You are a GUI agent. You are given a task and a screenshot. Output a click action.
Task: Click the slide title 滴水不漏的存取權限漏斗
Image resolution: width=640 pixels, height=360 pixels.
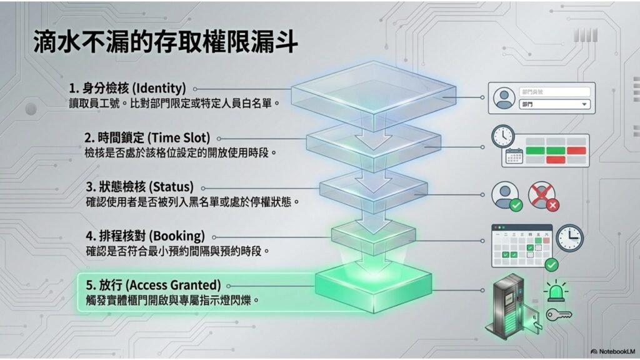166,43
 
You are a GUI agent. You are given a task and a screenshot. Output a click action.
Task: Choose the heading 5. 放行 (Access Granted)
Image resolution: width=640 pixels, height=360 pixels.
154,285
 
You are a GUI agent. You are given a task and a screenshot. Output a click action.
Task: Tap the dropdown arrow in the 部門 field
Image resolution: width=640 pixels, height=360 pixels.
584,104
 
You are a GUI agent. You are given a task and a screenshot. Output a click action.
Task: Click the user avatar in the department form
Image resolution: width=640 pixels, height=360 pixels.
504,99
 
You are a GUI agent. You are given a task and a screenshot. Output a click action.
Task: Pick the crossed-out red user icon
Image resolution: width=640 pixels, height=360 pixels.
541,195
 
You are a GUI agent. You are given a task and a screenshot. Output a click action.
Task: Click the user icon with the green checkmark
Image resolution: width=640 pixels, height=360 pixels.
505,195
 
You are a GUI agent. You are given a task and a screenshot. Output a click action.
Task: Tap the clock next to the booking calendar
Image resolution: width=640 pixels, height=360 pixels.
569,237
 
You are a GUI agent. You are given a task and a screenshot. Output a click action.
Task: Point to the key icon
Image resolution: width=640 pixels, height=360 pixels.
559,315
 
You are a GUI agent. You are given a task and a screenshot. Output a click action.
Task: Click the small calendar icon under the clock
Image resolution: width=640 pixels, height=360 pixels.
513,157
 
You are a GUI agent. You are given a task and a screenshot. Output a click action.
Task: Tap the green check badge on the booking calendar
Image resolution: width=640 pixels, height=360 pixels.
551,265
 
